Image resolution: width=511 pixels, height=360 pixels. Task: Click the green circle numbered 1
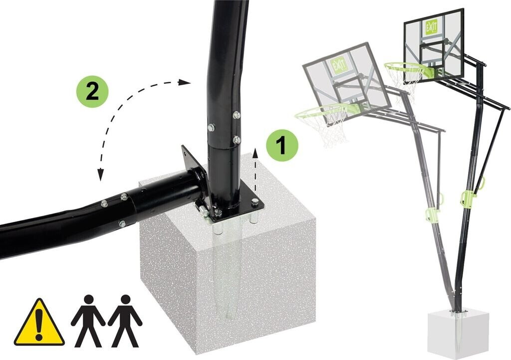pyautogui.click(x=282, y=146)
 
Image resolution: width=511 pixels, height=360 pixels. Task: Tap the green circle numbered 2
pyautogui.click(x=92, y=91)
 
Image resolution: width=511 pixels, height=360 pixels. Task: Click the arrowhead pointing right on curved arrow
pyautogui.click(x=185, y=82)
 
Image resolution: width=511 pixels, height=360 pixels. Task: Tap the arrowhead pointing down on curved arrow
pyautogui.click(x=101, y=175)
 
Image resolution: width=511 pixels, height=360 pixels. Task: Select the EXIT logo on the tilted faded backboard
pyautogui.click(x=337, y=65)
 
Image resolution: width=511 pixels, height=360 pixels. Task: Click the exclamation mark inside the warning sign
pyautogui.click(x=39, y=324)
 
